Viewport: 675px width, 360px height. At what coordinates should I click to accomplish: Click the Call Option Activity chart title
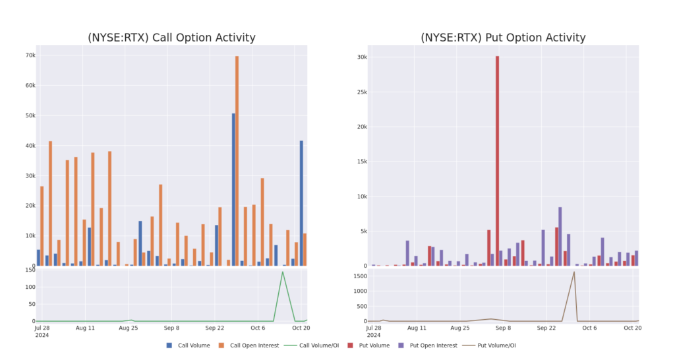[171, 38]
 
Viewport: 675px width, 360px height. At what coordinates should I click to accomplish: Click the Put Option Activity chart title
[503, 38]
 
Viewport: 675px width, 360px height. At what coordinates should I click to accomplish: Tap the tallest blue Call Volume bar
[233, 190]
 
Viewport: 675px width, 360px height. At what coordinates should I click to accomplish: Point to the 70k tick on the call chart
[30, 55]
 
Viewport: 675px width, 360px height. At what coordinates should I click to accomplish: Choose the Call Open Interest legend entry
[248, 345]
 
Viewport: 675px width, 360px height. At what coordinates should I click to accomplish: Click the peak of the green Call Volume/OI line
[283, 272]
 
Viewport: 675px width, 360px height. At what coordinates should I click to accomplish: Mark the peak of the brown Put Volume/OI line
[573, 272]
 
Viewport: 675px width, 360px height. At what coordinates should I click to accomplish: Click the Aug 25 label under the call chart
[128, 328]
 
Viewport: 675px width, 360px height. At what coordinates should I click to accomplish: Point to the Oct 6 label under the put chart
[589, 328]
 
